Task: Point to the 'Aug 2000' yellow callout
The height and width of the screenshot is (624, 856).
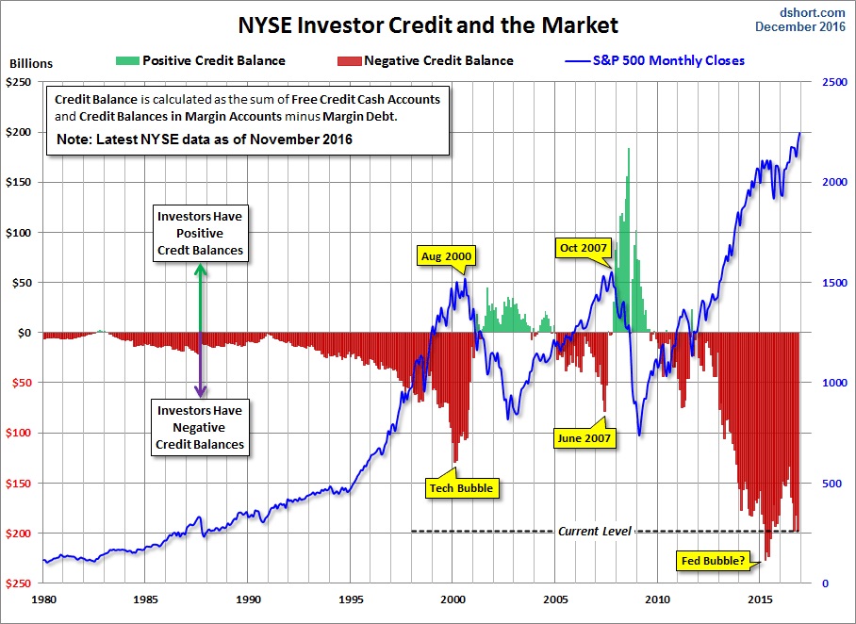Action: [446, 255]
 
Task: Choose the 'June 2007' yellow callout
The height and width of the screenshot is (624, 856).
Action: [584, 438]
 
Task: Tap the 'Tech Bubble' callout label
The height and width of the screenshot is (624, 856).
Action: [462, 488]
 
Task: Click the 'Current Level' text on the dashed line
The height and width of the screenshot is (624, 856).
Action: [593, 532]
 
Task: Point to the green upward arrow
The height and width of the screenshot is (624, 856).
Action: [200, 297]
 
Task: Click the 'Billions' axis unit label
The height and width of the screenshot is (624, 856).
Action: [31, 64]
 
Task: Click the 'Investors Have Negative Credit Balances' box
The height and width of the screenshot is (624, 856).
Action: [200, 427]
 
